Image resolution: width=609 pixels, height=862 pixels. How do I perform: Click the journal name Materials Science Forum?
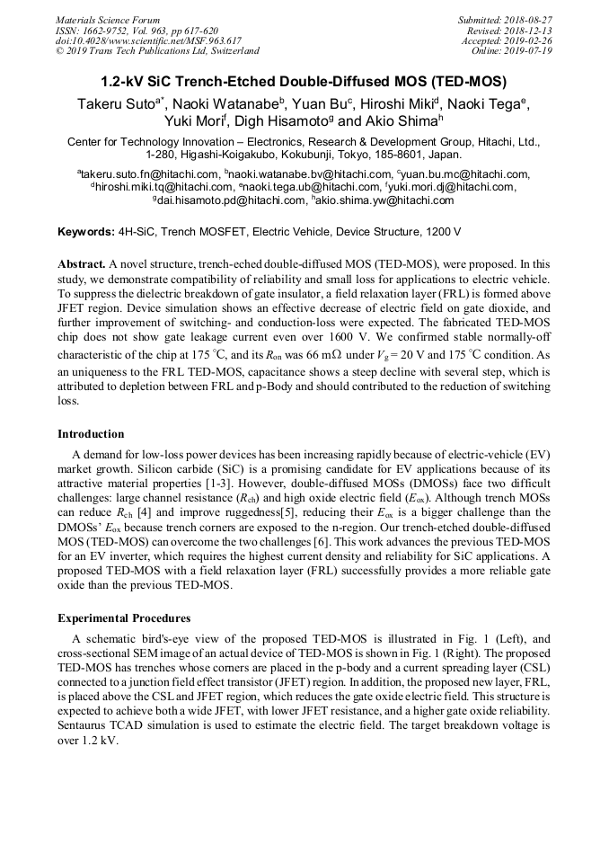pyautogui.click(x=108, y=20)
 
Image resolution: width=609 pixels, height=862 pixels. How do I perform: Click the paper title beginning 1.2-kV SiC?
pyautogui.click(x=304, y=81)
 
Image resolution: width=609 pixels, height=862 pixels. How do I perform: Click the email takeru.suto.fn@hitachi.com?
pyautogui.click(x=151, y=174)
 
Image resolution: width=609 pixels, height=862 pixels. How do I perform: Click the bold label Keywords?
pyautogui.click(x=86, y=232)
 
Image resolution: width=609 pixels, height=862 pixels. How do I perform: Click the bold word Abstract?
pyautogui.click(x=81, y=265)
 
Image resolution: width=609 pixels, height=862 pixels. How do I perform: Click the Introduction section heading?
pyautogui.click(x=91, y=434)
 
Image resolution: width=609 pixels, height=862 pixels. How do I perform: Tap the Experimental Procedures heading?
pyautogui.click(x=124, y=618)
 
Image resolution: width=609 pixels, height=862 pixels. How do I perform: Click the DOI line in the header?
pyautogui.click(x=148, y=40)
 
